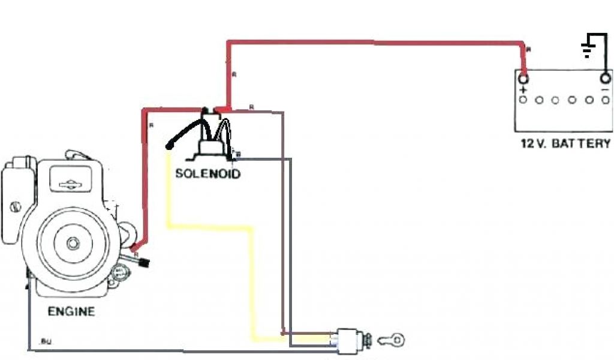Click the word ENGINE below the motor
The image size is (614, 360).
point(71,311)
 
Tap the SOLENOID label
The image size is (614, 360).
point(207,174)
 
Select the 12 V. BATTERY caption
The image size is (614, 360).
point(566,143)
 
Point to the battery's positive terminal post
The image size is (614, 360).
point(523,78)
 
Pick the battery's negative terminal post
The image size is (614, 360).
point(605,78)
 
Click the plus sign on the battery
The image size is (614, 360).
point(523,90)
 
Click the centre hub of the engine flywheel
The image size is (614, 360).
point(73,243)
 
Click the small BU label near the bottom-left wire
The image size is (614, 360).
point(45,341)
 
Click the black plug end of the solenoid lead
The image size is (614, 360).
point(170,146)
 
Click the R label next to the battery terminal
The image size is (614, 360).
point(528,50)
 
